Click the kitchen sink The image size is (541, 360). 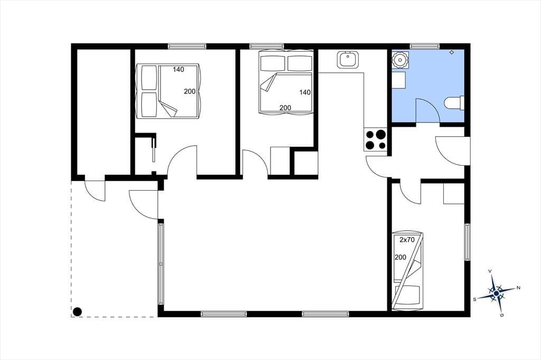348,60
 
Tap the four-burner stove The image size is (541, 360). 376,139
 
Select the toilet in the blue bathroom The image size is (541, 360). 454,103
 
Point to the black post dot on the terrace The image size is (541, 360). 77,312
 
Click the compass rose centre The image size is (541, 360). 496,293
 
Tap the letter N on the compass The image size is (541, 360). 518,288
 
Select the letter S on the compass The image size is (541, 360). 474,299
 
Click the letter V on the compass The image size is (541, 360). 490,271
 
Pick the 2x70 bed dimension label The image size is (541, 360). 407,240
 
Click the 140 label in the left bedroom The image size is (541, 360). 179,69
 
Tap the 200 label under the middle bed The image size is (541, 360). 285,108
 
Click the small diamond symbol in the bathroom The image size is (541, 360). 452,52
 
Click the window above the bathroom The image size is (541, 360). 425,46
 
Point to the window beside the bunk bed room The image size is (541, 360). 468,242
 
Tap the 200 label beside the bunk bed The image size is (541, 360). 400,257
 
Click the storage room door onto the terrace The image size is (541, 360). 95,191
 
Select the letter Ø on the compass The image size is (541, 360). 502,315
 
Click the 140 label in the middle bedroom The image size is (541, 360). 305,92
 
